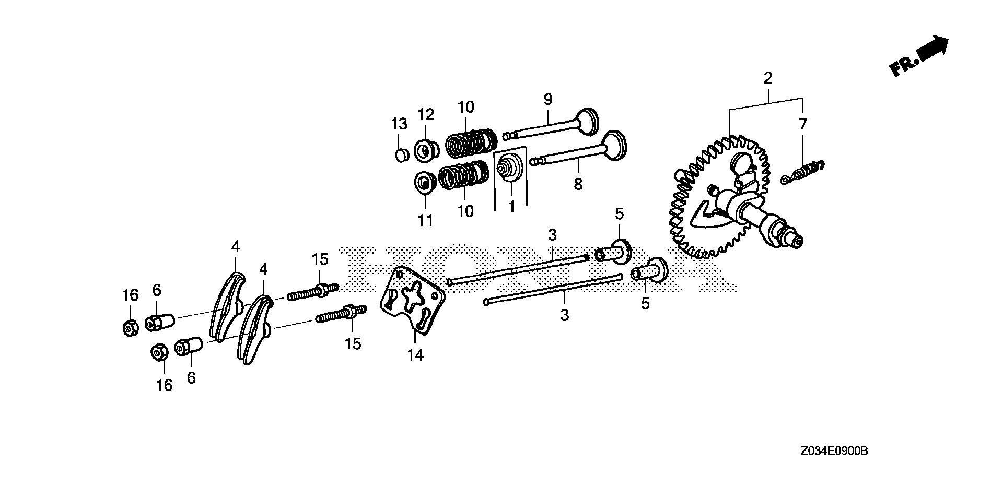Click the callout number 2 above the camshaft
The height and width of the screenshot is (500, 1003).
[767, 78]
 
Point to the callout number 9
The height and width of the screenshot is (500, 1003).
[547, 99]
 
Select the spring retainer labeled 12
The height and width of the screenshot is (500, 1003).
[426, 150]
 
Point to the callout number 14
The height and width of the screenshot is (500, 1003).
[415, 355]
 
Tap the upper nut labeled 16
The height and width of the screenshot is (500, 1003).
[129, 328]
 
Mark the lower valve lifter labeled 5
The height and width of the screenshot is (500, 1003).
[650, 270]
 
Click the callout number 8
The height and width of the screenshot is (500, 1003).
[578, 184]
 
